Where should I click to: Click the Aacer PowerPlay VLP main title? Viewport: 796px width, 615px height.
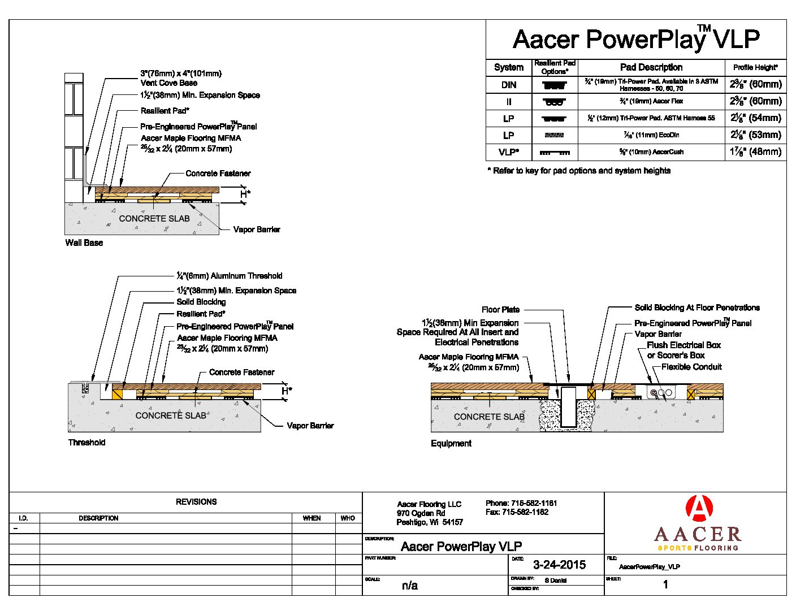pos(635,40)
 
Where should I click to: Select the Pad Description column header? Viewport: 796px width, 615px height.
pos(651,67)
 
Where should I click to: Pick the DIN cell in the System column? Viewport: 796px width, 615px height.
pos(508,85)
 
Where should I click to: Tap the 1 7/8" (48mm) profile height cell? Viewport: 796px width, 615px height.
pos(755,152)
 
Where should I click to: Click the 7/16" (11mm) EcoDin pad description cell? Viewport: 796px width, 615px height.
pos(651,135)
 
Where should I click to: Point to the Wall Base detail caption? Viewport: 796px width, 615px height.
pos(84,243)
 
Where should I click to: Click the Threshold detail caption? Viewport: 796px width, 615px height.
pos(86,443)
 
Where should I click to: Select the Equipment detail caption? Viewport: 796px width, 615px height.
pos(451,444)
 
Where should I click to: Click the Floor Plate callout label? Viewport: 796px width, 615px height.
pos(500,310)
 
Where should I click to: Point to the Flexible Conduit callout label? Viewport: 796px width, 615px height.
pos(691,367)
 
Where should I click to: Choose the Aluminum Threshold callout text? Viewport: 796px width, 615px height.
pos(229,276)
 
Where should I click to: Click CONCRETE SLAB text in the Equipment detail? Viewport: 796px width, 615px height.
pos(489,417)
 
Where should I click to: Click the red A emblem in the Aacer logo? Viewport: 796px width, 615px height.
pos(699,509)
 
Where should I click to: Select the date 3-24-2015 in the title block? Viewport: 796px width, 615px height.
pos(559,565)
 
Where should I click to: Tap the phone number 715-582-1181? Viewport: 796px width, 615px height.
pos(534,503)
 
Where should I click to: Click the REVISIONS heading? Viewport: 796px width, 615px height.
pos(196,502)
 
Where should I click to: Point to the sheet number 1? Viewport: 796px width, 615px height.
pos(665,584)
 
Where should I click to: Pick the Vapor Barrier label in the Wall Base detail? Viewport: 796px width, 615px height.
pos(257,229)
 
